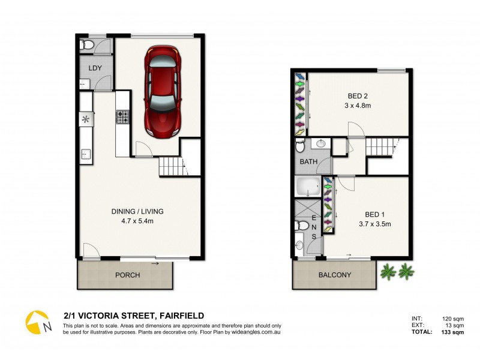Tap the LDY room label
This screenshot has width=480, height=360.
(95, 68)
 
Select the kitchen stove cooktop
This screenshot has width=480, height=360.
(123, 116)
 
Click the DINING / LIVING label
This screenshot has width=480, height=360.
(137, 211)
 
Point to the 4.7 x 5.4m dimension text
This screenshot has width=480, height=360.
(137, 221)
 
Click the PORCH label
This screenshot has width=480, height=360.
(127, 275)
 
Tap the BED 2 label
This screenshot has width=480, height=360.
(359, 95)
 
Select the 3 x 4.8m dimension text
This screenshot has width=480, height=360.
(359, 105)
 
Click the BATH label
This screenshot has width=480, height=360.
(309, 162)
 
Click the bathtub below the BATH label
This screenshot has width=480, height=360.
(310, 187)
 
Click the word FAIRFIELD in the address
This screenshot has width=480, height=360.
(180, 316)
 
